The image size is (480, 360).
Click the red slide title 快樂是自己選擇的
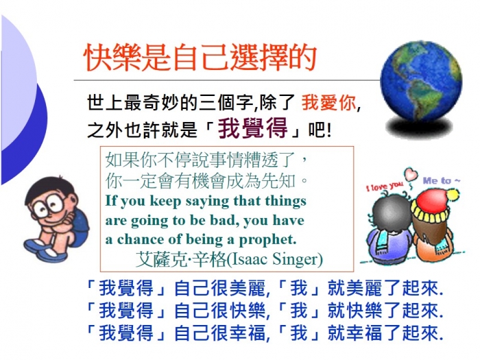pos(200,57)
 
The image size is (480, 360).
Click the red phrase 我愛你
pos(328,102)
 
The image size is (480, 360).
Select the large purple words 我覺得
pos(253,128)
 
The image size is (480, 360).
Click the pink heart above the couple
pos(411,174)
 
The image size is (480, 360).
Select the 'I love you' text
pos(385,186)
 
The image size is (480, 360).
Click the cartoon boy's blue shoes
pos(43,249)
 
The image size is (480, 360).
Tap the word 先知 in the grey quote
pos(278,181)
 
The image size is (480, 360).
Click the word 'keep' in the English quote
pos(165,202)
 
